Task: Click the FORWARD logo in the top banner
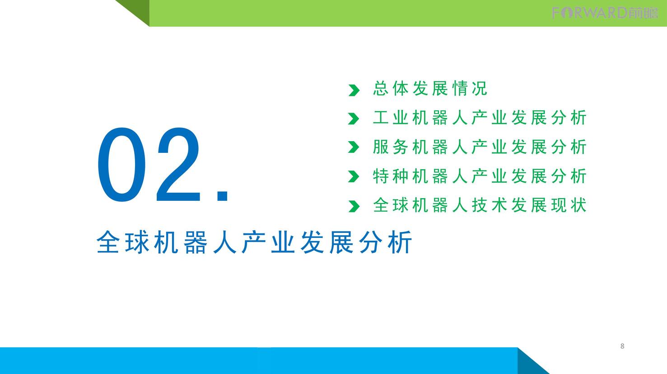(x=605, y=13)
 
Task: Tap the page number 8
(x=622, y=346)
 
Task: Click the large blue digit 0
(x=122, y=165)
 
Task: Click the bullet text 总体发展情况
(x=430, y=88)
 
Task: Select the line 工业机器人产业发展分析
(x=480, y=118)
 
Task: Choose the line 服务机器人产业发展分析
(x=480, y=147)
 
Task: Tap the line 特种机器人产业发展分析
(x=480, y=176)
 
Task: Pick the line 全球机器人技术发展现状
(x=480, y=205)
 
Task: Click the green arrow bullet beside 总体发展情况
(x=354, y=90)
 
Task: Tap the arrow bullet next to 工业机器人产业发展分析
(x=354, y=118)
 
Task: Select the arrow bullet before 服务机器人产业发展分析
(x=354, y=147)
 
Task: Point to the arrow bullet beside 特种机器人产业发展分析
(x=354, y=176)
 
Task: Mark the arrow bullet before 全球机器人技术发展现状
(x=354, y=206)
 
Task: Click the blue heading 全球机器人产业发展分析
(x=254, y=242)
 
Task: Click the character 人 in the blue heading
(x=225, y=242)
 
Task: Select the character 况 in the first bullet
(x=480, y=88)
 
